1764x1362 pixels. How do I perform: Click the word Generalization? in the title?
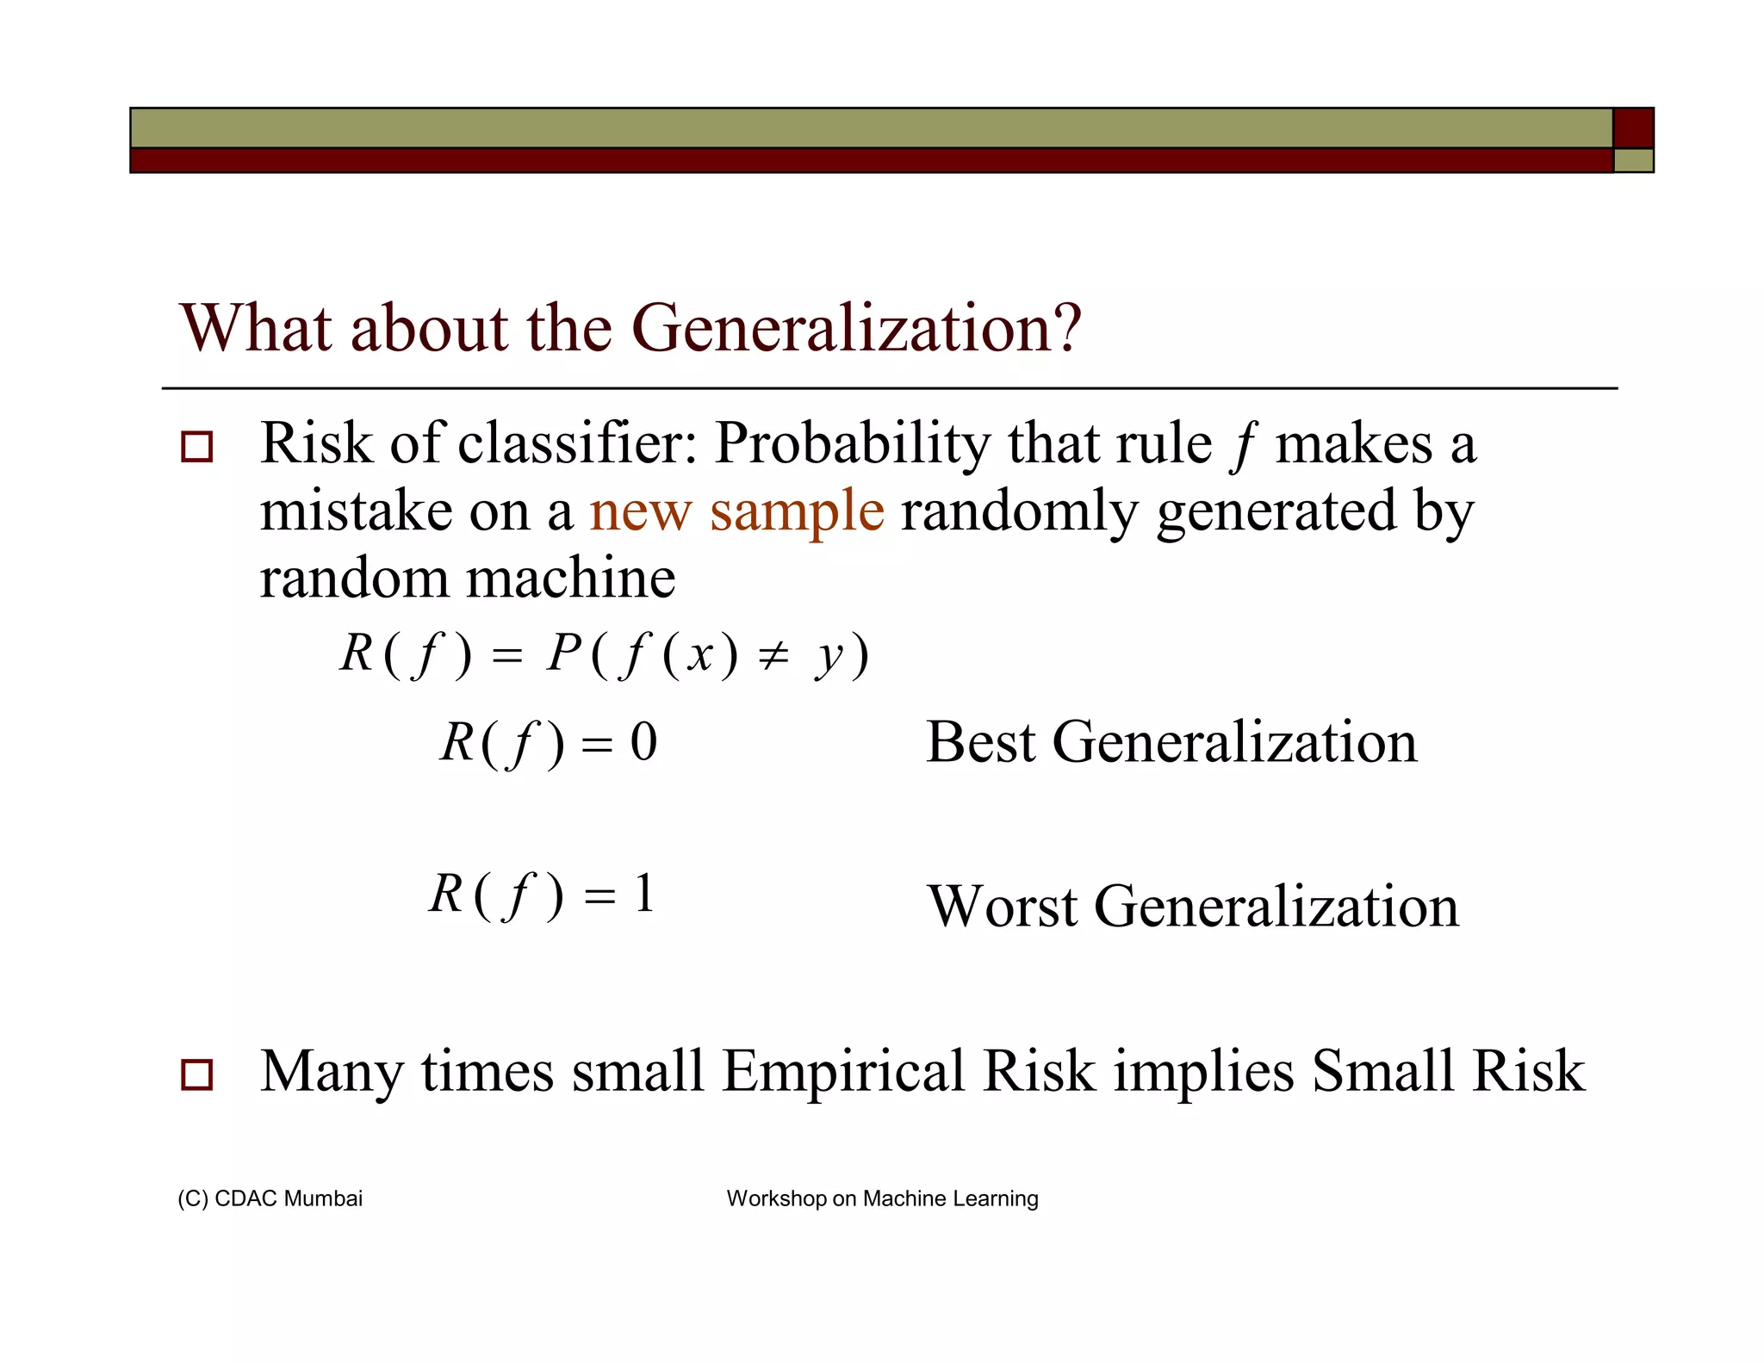pyautogui.click(x=856, y=329)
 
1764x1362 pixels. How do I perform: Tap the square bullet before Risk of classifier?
pyautogui.click(x=196, y=448)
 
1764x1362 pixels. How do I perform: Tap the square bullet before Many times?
pyautogui.click(x=196, y=1074)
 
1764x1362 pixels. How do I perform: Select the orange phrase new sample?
pyautogui.click(x=736, y=511)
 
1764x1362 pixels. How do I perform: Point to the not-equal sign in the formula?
pyautogui.click(x=773, y=657)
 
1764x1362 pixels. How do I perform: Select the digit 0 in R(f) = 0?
pyautogui.click(x=643, y=741)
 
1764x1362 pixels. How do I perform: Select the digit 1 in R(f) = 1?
pyautogui.click(x=644, y=894)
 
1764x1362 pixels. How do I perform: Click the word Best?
pyautogui.click(x=979, y=742)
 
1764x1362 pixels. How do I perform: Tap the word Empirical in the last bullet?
pyautogui.click(x=842, y=1072)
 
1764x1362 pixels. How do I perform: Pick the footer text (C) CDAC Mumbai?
pyautogui.click(x=270, y=1198)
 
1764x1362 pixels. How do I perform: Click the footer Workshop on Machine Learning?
pyautogui.click(x=882, y=1198)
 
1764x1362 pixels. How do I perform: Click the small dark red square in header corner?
pyautogui.click(x=1632, y=128)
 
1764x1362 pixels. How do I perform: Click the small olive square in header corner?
pyautogui.click(x=1632, y=161)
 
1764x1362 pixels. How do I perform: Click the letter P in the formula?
pyautogui.click(x=564, y=653)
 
